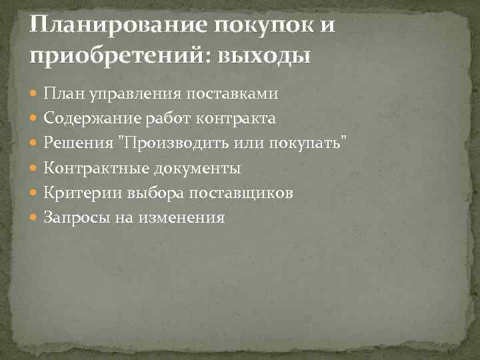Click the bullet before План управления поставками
pos(35,94)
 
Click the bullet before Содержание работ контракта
pos(35,119)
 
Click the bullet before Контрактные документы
pos(35,168)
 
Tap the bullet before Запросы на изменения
pos(35,217)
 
